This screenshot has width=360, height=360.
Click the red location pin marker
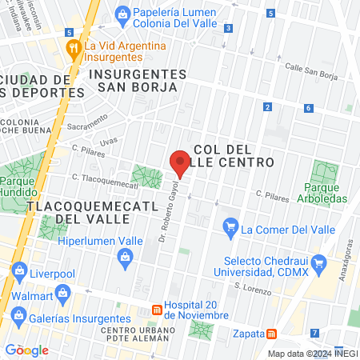pos(181,163)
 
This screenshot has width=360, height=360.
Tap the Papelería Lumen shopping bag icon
pos(122,13)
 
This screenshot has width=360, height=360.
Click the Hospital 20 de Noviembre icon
pos(157,308)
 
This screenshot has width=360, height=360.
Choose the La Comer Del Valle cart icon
pos(231,228)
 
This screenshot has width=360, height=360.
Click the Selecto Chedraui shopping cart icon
pos(319,262)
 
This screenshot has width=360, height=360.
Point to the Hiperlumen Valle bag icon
pos(125,256)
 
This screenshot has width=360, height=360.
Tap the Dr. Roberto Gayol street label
pos(170,215)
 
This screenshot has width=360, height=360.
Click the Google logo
pos(26,350)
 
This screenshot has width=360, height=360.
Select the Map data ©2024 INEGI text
pos(311,353)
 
